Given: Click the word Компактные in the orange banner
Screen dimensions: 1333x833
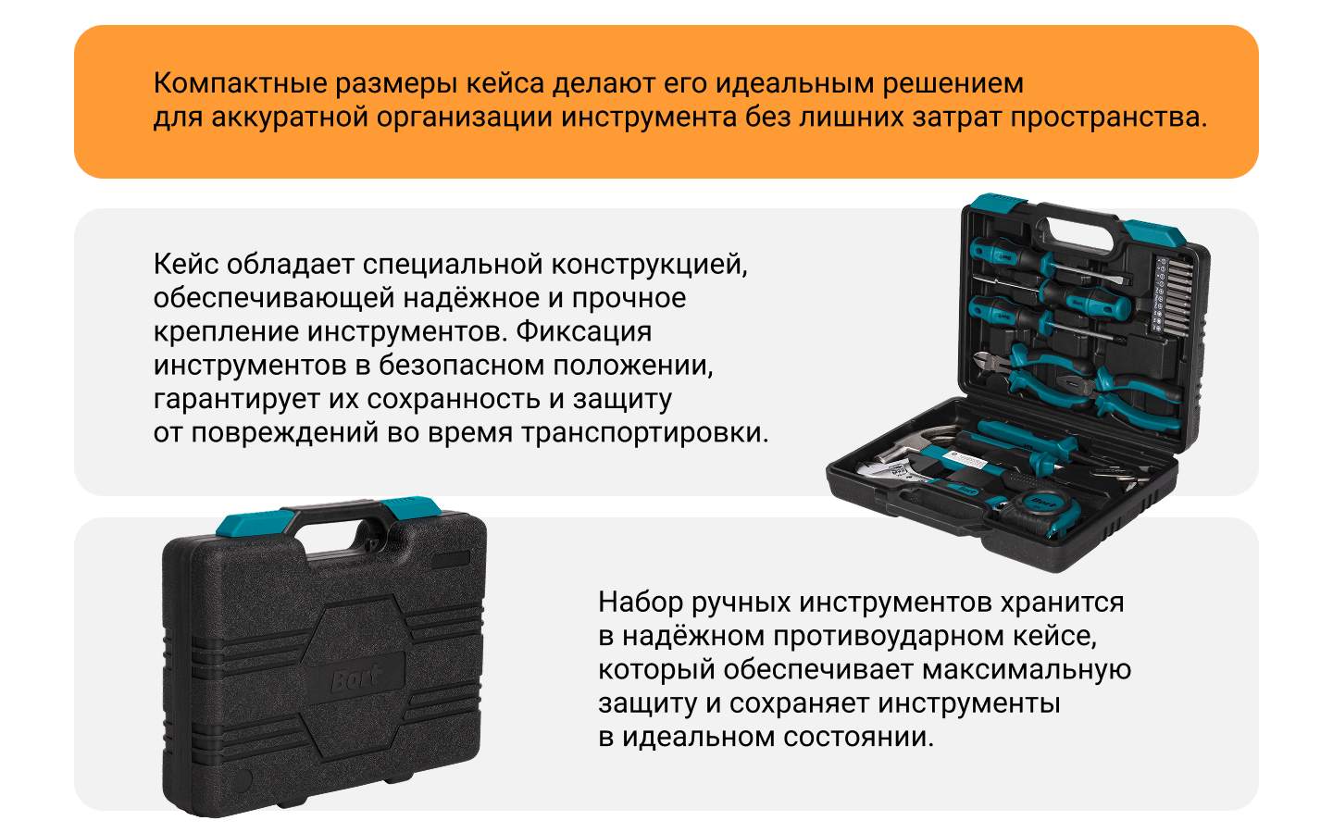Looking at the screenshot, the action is [x=241, y=83].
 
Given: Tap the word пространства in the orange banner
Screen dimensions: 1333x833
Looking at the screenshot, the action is [x=1109, y=118].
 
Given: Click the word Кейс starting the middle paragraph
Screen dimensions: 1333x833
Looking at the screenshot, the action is [x=186, y=264].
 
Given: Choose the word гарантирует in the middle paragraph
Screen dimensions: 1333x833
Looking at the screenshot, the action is [x=237, y=400].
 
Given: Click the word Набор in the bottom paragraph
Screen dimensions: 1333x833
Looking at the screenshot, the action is [x=641, y=602].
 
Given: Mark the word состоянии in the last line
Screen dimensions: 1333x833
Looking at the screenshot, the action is [x=858, y=737].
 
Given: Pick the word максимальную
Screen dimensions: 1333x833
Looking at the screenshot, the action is [x=1027, y=670].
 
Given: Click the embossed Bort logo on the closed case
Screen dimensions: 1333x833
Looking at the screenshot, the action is [x=355, y=678].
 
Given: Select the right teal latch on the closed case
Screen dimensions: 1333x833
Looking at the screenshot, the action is [x=411, y=507].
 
